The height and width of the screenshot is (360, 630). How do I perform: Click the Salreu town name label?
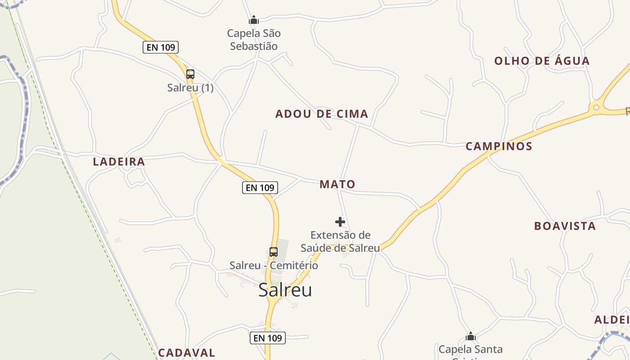(285, 290)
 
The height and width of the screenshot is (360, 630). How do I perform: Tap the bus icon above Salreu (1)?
(190, 74)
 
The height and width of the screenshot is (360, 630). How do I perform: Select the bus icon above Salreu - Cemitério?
(274, 252)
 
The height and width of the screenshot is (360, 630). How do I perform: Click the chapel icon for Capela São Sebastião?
(254, 20)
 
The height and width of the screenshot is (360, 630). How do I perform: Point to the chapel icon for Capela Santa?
(471, 336)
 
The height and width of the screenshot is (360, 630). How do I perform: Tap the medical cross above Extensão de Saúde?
(340, 221)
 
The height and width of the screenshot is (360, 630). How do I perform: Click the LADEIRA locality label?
(119, 162)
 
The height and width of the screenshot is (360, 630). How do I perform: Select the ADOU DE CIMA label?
(322, 114)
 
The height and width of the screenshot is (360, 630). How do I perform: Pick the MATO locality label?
(337, 184)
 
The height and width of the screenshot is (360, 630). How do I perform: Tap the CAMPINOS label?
(499, 146)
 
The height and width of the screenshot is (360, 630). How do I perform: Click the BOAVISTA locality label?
(565, 226)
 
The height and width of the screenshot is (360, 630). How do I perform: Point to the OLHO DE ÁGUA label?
(542, 61)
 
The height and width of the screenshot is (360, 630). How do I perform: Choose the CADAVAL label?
(187, 352)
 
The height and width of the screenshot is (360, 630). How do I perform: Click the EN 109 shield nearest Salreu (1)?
(161, 47)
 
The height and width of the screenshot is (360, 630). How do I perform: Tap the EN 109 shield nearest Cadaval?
(267, 337)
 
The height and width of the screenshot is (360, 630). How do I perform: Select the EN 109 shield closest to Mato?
(260, 188)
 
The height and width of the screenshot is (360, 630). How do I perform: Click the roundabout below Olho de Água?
(596, 107)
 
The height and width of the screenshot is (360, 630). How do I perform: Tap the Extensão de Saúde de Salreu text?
(340, 241)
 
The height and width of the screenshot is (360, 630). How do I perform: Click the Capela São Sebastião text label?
(254, 40)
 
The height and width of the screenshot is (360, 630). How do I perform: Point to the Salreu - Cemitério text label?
(274, 265)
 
